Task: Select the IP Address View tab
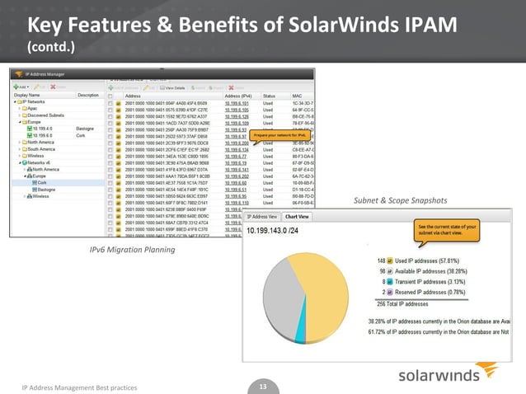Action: coord(264,217)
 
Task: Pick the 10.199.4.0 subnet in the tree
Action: coord(45,129)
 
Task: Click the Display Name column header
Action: coord(33,95)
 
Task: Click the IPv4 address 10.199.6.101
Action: coord(241,103)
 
